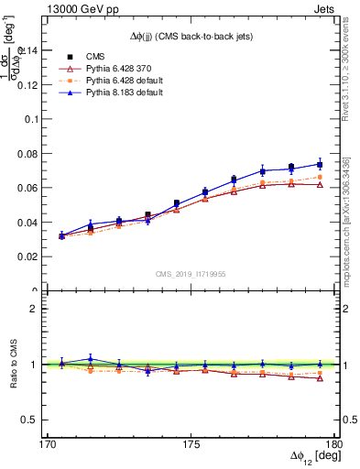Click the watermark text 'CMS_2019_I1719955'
click(x=191, y=273)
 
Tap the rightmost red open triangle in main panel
click(x=320, y=184)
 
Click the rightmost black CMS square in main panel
click(x=320, y=165)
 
